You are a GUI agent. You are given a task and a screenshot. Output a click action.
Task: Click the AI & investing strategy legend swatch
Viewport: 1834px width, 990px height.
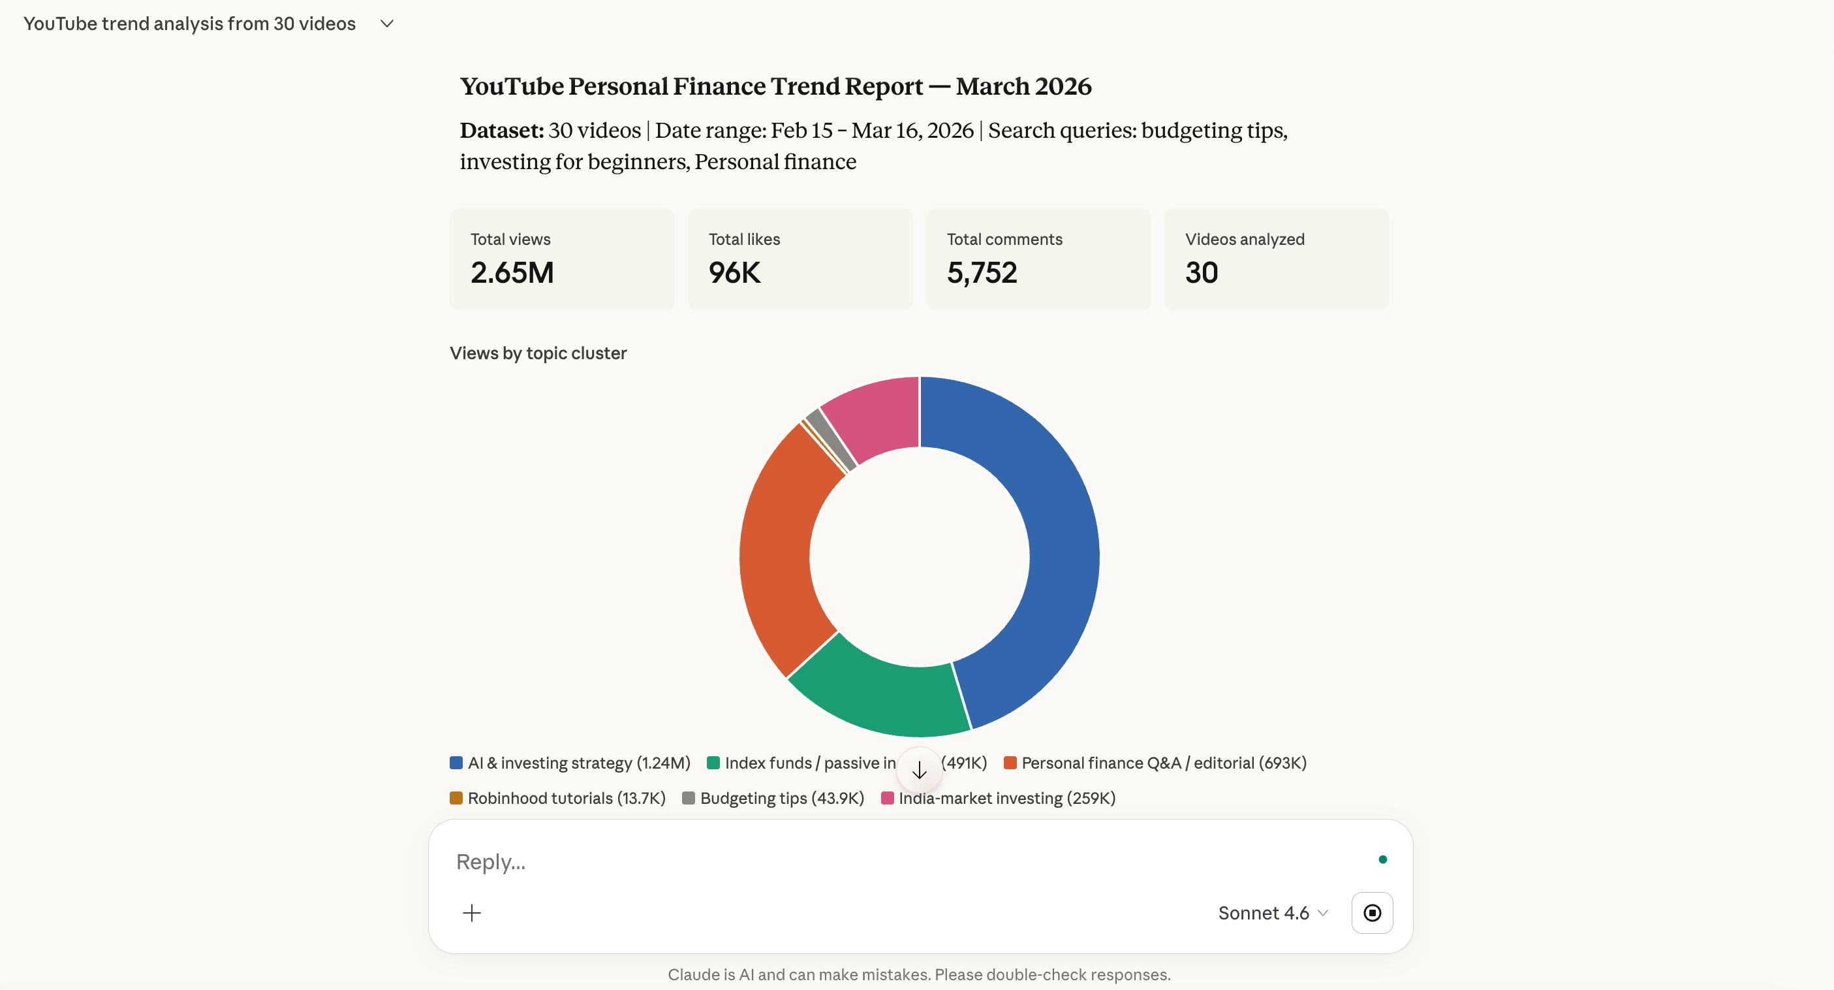pyautogui.click(x=456, y=763)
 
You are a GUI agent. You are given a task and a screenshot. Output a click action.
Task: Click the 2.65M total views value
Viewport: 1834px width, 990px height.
pyautogui.click(x=512, y=273)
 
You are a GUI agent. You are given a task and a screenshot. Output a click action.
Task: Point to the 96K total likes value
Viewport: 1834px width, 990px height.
pyautogui.click(x=734, y=273)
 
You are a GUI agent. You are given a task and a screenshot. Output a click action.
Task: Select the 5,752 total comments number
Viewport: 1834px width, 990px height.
pyautogui.click(x=981, y=273)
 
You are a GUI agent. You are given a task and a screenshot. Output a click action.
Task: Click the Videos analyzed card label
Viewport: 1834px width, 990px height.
pyautogui.click(x=1244, y=239)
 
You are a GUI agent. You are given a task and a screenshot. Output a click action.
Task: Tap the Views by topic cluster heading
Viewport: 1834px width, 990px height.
pyautogui.click(x=538, y=353)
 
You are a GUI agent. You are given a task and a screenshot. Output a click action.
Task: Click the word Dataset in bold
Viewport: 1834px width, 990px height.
pyautogui.click(x=501, y=131)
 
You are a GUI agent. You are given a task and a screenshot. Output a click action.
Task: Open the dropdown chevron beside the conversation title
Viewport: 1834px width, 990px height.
pyautogui.click(x=386, y=24)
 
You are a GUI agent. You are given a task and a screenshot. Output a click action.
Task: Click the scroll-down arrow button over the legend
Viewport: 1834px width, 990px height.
pyautogui.click(x=919, y=769)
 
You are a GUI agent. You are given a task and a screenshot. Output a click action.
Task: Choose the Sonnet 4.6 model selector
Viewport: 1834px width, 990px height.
pyautogui.click(x=1272, y=913)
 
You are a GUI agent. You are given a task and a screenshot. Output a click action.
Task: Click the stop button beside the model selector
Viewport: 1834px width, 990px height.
pyautogui.click(x=1371, y=913)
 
